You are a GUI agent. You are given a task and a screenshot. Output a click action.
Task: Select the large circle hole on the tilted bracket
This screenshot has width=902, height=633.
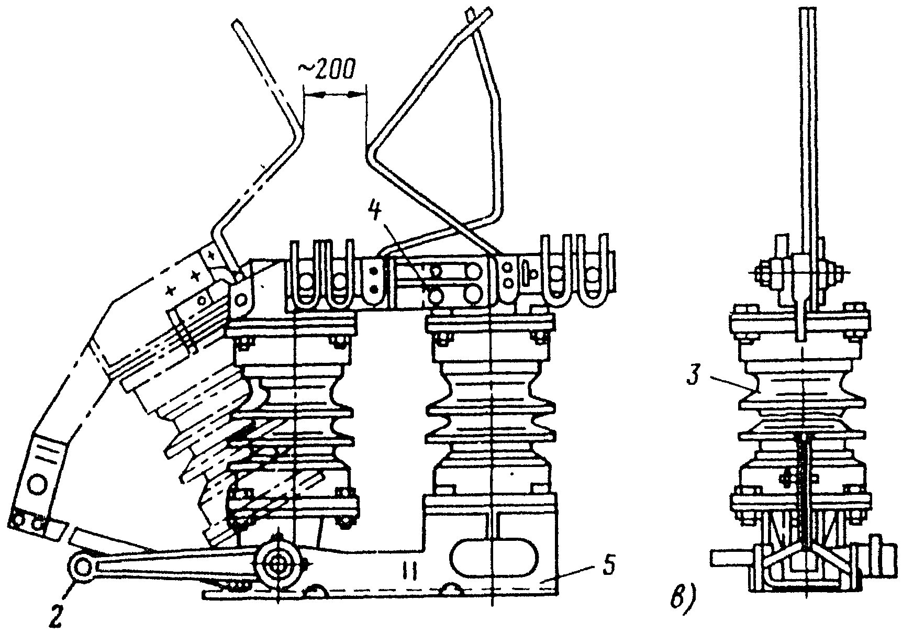(38, 484)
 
